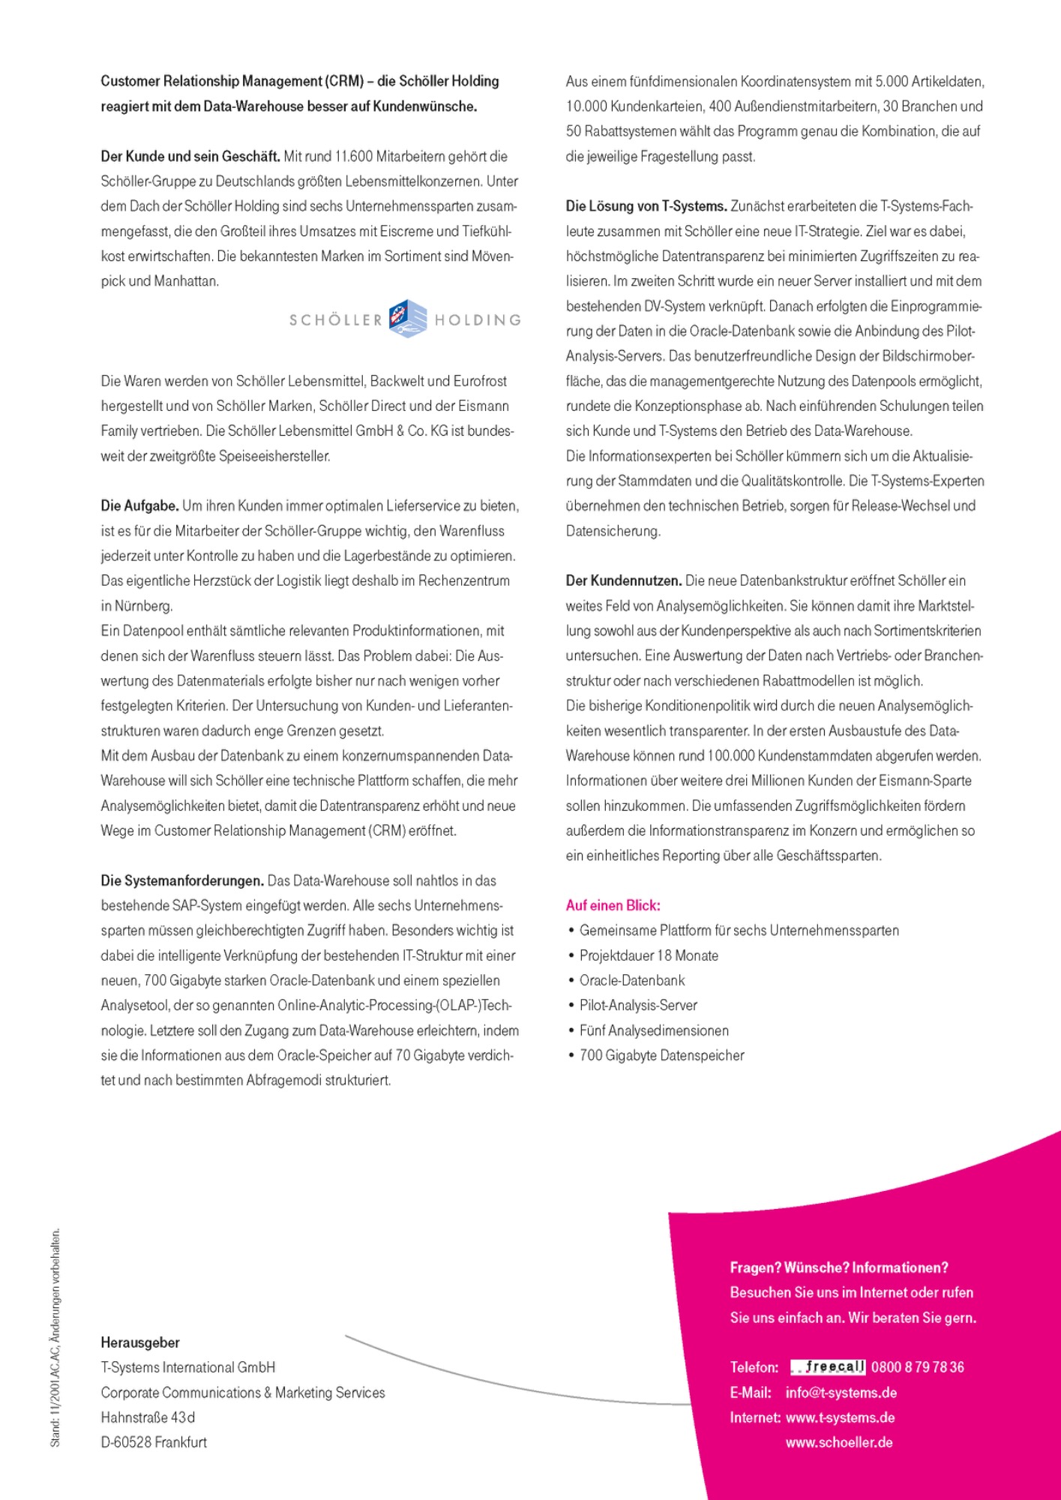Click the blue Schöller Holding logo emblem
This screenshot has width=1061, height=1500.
click(408, 319)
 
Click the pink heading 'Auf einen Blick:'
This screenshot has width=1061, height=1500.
click(613, 905)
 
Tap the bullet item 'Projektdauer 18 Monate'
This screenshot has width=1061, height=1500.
click(649, 955)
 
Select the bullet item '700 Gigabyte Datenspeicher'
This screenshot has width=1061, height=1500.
click(661, 1055)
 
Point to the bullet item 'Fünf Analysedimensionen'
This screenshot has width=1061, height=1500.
click(654, 1030)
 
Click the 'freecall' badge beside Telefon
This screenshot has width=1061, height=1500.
click(829, 1367)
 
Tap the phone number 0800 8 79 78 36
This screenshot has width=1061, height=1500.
click(918, 1367)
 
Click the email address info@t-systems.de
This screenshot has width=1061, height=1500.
click(841, 1393)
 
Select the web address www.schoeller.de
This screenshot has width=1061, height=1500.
click(839, 1442)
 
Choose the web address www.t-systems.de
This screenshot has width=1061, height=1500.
click(840, 1417)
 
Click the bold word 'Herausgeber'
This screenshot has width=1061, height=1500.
click(140, 1342)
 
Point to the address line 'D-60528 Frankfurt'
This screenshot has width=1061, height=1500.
click(154, 1442)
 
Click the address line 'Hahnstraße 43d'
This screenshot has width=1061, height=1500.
click(148, 1417)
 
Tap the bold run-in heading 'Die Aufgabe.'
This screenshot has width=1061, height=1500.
click(139, 505)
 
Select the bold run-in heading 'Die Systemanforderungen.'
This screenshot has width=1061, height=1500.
click(182, 880)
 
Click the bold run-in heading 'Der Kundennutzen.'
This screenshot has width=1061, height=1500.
click(623, 580)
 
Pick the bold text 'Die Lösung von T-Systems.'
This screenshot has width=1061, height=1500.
click(646, 206)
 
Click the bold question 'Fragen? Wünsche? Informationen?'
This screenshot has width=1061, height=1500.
click(839, 1267)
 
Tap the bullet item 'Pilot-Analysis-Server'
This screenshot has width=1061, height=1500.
click(638, 1005)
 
